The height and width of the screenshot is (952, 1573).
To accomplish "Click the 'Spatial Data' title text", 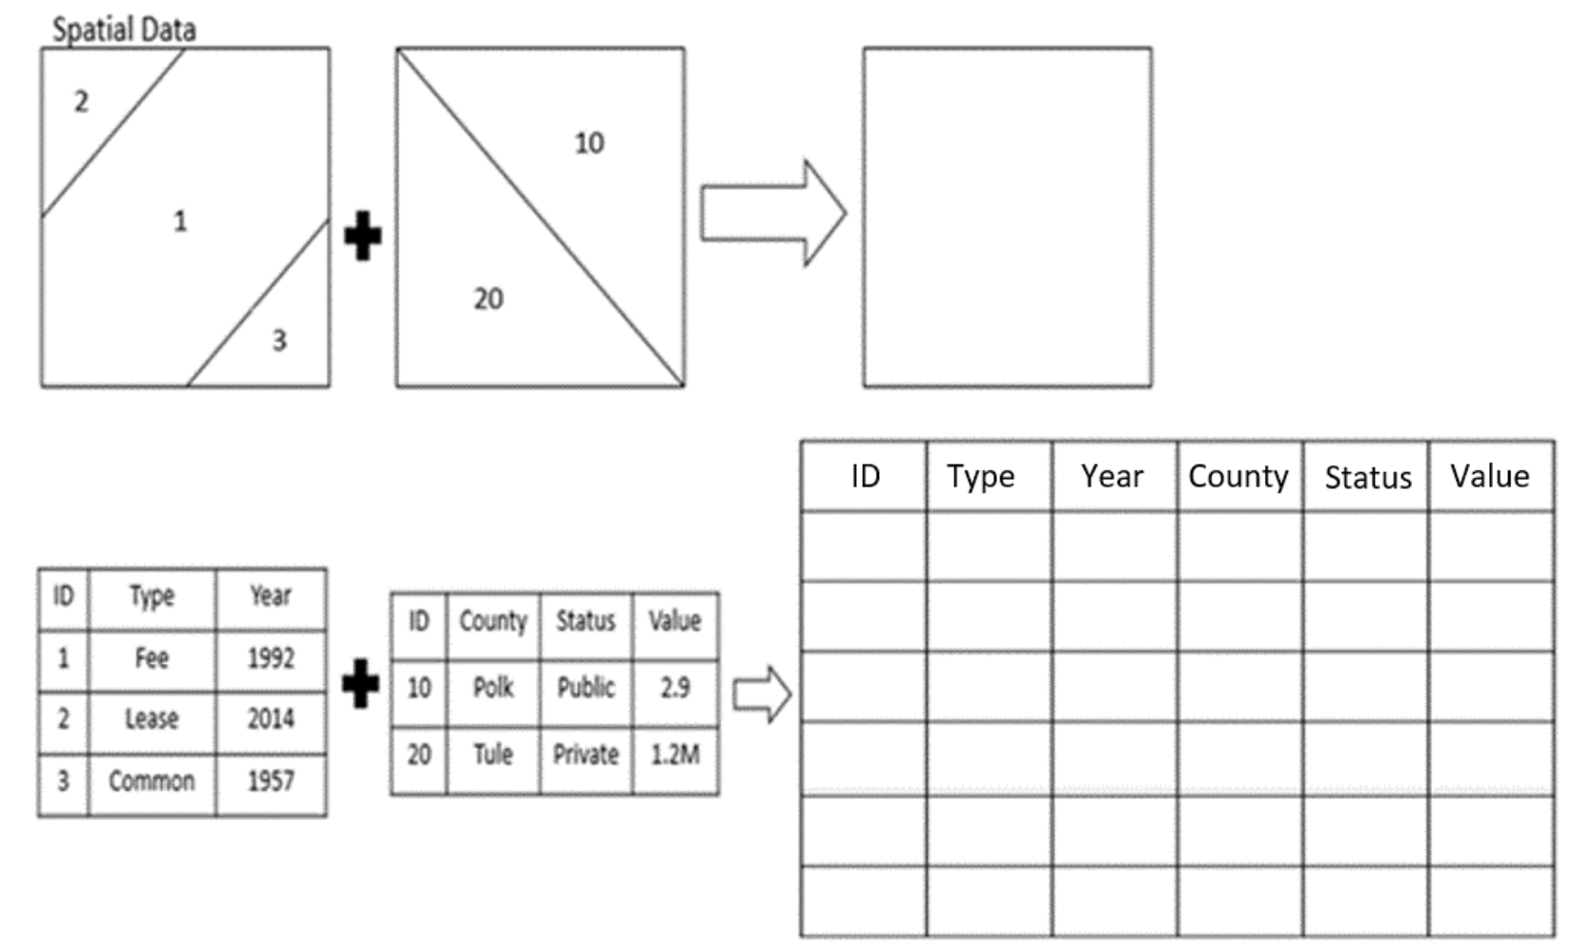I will click(124, 29).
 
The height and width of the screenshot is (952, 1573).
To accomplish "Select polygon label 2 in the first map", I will click(81, 101).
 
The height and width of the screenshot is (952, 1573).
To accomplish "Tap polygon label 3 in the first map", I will click(278, 341).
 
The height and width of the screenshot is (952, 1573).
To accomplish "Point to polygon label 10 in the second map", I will click(588, 143).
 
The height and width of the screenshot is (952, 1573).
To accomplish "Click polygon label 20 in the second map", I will click(488, 299).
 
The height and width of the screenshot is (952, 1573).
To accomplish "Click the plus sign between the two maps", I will click(362, 236).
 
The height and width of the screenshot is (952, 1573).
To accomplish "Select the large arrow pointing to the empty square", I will click(772, 214).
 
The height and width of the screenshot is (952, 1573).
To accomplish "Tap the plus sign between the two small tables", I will click(360, 683).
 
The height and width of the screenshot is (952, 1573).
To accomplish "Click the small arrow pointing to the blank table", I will click(762, 693).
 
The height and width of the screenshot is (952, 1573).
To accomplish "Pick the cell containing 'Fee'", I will click(152, 658).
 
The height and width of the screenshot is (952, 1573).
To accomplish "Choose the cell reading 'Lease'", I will click(152, 719).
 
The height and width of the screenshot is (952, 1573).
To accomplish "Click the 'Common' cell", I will click(152, 781).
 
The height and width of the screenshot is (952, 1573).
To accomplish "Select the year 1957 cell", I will click(271, 781).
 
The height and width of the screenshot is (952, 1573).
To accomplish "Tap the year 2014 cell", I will click(271, 719).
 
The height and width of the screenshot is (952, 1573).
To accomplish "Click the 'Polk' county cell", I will click(493, 688).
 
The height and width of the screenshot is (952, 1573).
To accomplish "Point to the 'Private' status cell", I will click(585, 755).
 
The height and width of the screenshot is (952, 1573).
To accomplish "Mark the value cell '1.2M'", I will click(675, 755).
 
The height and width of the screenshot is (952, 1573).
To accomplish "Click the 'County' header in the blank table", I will click(1237, 476).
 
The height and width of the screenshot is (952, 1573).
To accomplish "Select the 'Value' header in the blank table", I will click(1489, 476).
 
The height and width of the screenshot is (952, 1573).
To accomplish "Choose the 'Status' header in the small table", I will click(585, 621).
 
